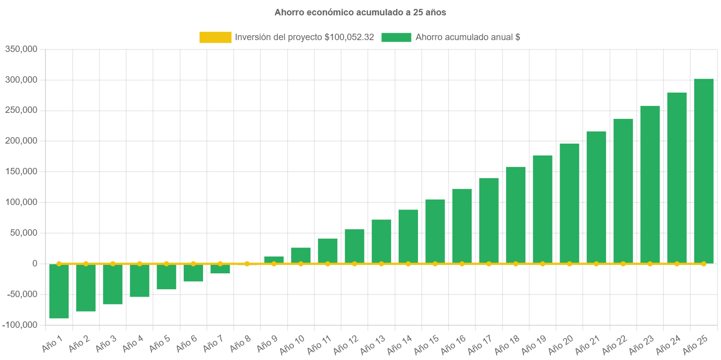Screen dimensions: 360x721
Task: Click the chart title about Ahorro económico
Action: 360,13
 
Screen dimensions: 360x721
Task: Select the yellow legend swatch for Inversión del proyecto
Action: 215,37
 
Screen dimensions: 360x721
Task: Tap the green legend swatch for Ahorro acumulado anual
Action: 396,37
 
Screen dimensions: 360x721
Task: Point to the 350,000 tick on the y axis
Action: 21,49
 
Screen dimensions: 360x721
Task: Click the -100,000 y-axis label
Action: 20,325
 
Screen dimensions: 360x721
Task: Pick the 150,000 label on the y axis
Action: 21,171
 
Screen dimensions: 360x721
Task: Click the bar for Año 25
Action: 703,171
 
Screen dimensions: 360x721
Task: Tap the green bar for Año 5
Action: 166,277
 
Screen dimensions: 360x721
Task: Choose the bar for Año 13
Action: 381,241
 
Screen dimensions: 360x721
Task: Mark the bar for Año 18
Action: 515,215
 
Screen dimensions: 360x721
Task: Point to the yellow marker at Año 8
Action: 247,264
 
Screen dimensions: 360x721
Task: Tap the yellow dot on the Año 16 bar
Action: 462,264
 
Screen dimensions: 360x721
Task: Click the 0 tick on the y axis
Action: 35,263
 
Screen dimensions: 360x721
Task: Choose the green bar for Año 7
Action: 220,269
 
